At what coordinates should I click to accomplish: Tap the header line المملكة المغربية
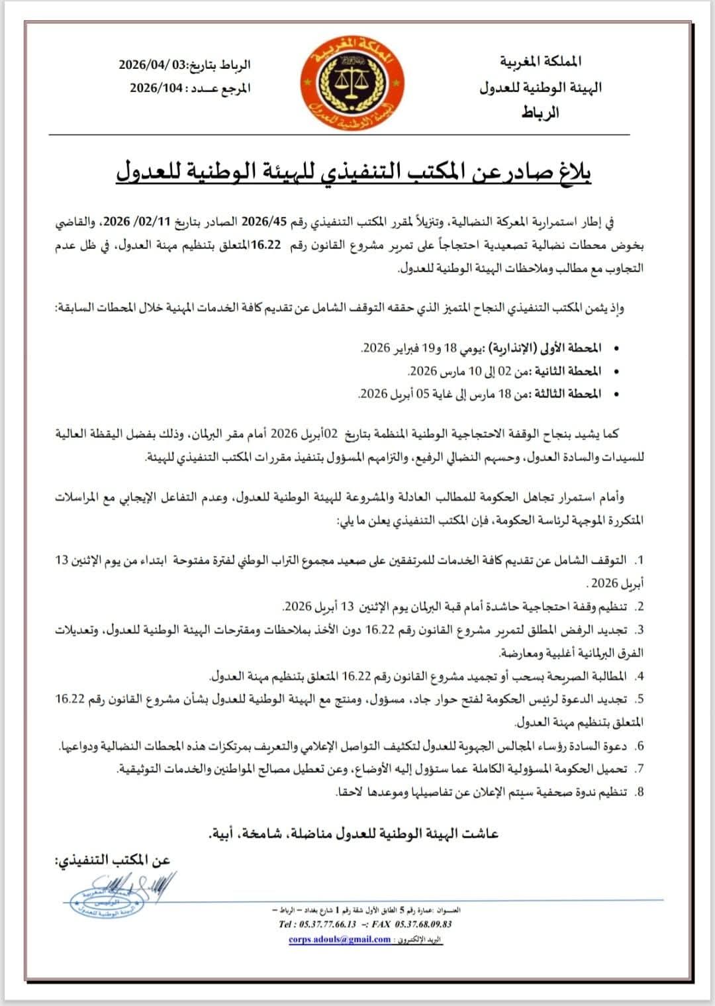click(x=541, y=62)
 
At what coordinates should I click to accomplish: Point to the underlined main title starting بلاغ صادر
click(x=354, y=172)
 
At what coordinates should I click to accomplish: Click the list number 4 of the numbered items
click(x=639, y=676)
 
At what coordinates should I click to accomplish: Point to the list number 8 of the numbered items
click(x=639, y=791)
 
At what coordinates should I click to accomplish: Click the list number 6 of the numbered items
click(x=639, y=746)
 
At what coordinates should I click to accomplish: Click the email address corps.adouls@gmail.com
click(x=339, y=939)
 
